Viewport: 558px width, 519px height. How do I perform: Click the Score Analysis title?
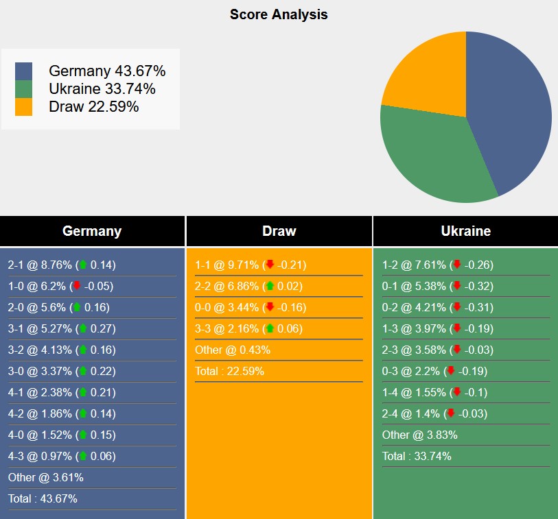279,14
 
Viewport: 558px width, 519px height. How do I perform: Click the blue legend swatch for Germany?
23,71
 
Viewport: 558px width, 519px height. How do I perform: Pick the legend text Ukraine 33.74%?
102,88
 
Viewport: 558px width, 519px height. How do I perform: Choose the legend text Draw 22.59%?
93,106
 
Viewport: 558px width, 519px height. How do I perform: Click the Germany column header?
92,231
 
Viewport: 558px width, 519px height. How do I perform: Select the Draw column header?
279,231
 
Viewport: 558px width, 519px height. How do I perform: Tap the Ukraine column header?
465,231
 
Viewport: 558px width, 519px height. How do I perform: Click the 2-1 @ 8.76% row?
62,265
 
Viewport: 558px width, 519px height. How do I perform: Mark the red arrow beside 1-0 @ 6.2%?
77,286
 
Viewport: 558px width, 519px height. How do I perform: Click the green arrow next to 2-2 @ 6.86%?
270,286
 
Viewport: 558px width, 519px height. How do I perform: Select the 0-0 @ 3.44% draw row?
251,307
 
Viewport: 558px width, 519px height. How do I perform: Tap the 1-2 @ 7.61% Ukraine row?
437,265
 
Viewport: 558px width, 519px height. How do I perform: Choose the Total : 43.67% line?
43,498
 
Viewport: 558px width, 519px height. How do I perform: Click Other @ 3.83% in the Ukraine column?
419,435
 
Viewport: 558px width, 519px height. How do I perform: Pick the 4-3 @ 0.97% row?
62,456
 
